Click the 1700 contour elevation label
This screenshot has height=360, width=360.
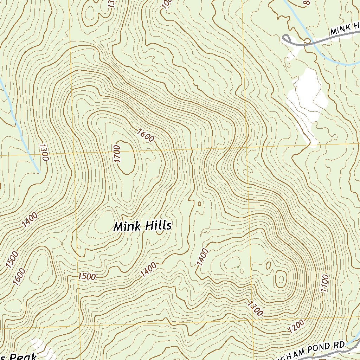117,154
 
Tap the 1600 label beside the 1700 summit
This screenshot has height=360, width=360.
146,136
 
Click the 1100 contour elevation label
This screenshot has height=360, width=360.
324,283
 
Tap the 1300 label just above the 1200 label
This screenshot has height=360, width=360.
255,308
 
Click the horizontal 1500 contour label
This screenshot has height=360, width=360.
87,276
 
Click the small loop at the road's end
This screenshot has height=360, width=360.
285,38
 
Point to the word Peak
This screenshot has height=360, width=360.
23,356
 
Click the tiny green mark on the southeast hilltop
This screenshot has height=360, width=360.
238,267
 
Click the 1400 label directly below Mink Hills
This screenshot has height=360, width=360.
148,270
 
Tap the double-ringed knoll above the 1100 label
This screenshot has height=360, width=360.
281,278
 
